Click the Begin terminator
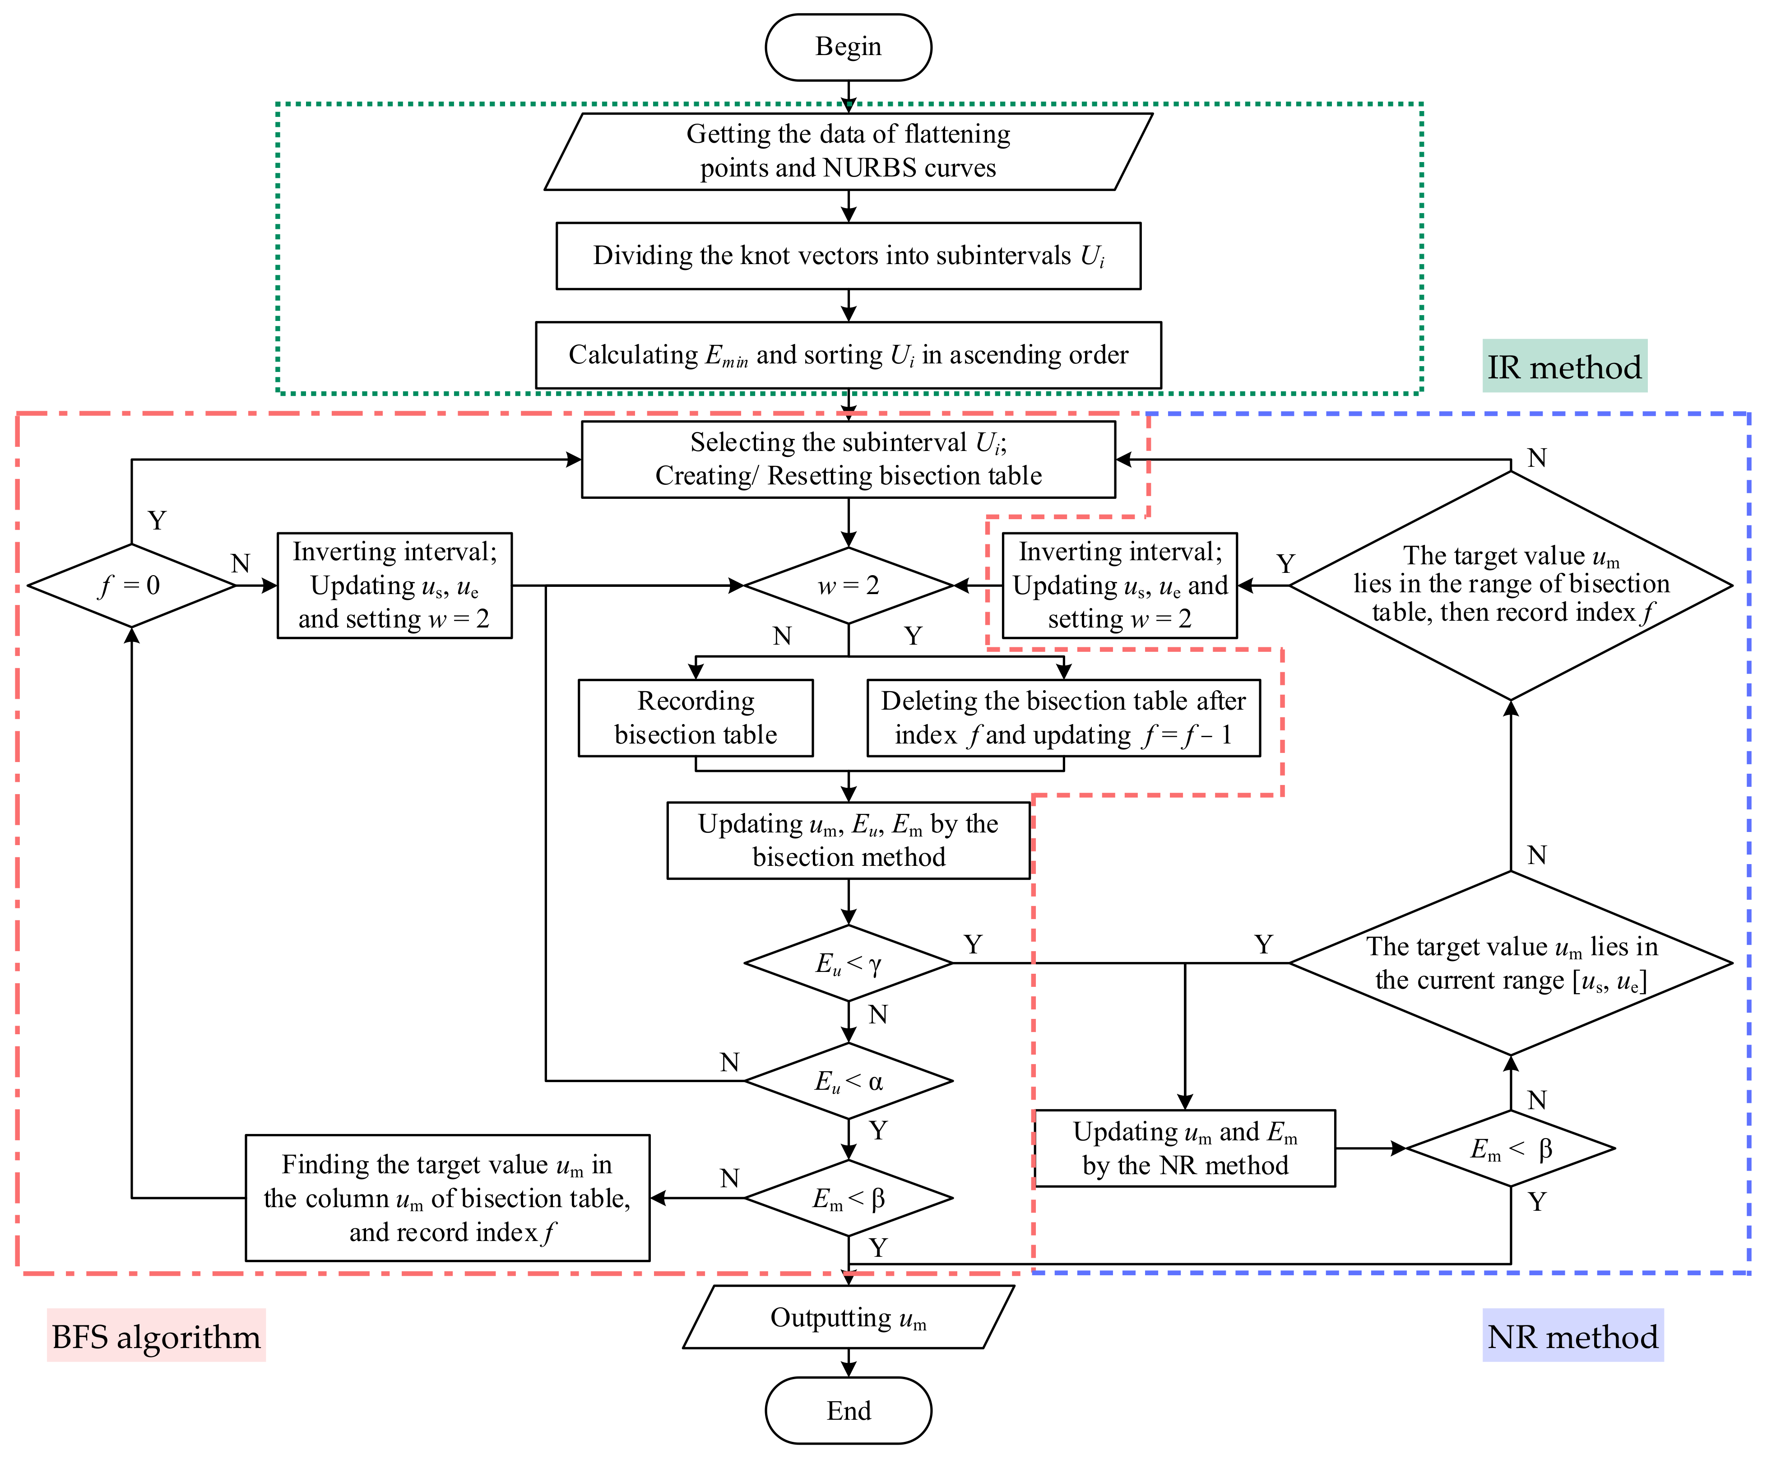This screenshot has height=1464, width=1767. [x=848, y=47]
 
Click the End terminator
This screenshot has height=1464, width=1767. [x=848, y=1410]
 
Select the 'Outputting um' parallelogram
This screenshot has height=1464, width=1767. [x=848, y=1317]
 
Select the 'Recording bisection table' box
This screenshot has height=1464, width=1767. [x=696, y=718]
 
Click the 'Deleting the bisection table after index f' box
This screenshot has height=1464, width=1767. [x=1063, y=718]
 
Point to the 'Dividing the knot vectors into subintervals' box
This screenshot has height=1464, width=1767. [x=848, y=256]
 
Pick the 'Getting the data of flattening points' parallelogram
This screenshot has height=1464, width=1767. [x=848, y=151]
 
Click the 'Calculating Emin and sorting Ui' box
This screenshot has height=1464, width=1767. [x=848, y=355]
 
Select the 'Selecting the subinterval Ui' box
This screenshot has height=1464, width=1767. [x=848, y=460]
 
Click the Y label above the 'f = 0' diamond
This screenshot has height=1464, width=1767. [x=157, y=520]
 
